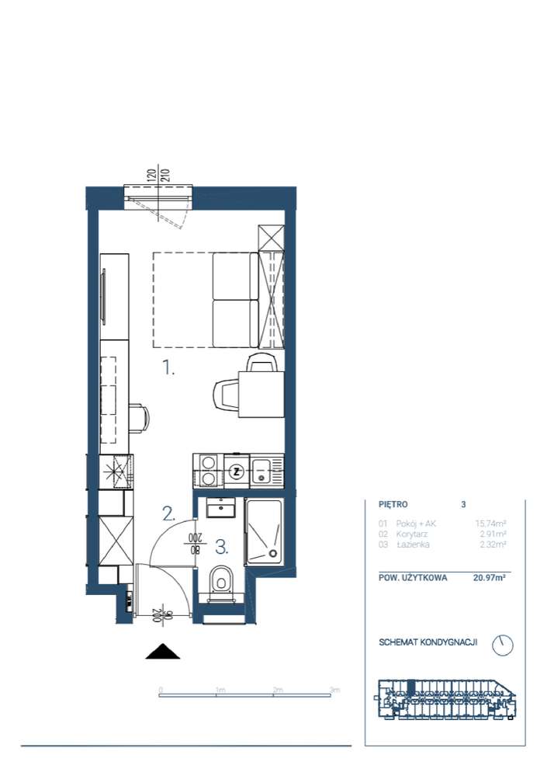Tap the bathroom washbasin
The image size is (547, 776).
click(x=222, y=509)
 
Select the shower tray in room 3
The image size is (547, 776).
click(x=265, y=534)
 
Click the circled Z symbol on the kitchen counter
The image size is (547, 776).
click(x=237, y=472)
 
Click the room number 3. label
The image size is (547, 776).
click(x=222, y=547)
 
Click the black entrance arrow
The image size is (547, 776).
click(x=163, y=652)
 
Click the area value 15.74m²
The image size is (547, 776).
click(x=491, y=524)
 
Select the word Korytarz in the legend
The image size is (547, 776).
click(x=411, y=534)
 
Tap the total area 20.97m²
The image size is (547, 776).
click(x=490, y=578)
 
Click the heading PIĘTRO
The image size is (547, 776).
click(x=393, y=504)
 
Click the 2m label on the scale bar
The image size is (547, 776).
click(x=277, y=689)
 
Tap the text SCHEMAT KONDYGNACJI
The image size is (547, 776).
click(x=428, y=643)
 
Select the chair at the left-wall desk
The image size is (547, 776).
click(x=137, y=419)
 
